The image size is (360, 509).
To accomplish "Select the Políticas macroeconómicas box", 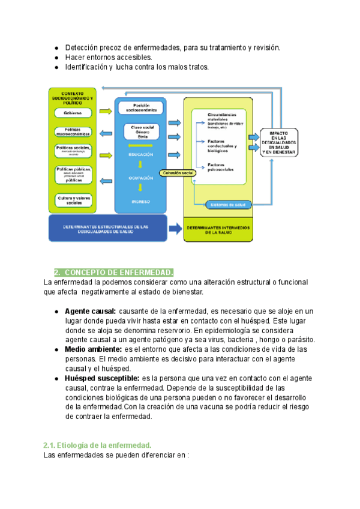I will tap(73, 131).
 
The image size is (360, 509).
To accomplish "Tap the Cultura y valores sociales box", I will tap(73, 200).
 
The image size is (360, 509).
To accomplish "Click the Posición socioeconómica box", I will tap(141, 108).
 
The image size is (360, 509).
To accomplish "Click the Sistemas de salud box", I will tap(228, 205).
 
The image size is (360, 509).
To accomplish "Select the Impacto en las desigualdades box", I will tap(278, 143).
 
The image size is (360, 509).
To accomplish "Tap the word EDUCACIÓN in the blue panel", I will tap(140, 155).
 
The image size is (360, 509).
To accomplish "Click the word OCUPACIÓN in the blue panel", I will tap(140, 178).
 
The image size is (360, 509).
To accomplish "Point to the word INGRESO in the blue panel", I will tap(140, 202).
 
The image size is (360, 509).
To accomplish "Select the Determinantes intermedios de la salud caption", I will tap(218, 231).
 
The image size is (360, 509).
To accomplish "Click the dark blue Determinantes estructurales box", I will tap(106, 228).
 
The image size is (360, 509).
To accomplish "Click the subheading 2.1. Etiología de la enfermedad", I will tap(98, 445).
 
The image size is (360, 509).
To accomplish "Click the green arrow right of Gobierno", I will tap(106, 112).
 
